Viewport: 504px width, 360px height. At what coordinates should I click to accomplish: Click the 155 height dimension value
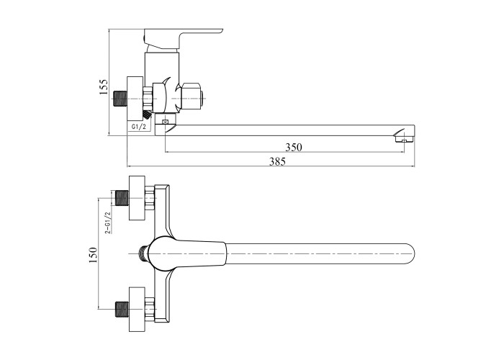click(x=104, y=86)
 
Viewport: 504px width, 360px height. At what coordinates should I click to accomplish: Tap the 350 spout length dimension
click(x=294, y=147)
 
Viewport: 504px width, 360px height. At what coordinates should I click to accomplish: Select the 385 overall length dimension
click(x=277, y=161)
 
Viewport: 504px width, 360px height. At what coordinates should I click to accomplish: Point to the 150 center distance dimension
click(x=93, y=255)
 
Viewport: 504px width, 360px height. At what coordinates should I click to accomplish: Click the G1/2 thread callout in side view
click(x=139, y=127)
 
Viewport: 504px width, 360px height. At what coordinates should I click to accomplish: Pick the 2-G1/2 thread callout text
click(x=108, y=222)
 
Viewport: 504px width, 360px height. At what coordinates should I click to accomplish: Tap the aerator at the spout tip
click(x=404, y=140)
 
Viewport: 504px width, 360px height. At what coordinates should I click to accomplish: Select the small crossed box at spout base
click(x=165, y=122)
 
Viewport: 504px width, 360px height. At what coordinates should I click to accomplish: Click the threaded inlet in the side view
click(x=121, y=99)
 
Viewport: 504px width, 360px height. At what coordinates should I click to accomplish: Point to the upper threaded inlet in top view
click(x=122, y=198)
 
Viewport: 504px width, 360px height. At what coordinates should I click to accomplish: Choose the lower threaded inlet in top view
click(x=122, y=310)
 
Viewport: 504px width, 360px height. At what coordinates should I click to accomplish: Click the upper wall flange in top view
click(x=137, y=198)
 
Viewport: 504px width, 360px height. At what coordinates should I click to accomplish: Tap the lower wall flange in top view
click(x=137, y=309)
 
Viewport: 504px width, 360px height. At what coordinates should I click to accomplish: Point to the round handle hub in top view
click(x=161, y=254)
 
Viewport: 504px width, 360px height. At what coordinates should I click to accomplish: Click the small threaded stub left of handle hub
click(x=143, y=253)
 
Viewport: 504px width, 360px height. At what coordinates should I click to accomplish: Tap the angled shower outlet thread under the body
click(x=147, y=114)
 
